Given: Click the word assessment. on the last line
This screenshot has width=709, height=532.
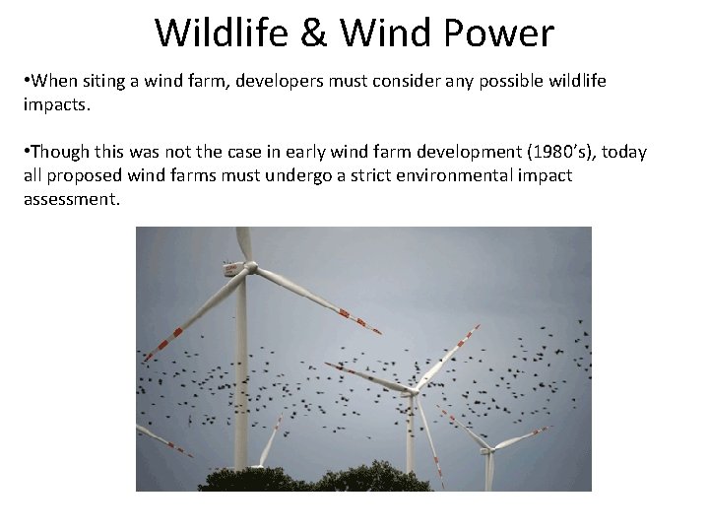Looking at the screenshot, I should coord(71,199).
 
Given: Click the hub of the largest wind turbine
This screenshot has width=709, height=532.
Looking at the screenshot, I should coord(250,267).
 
